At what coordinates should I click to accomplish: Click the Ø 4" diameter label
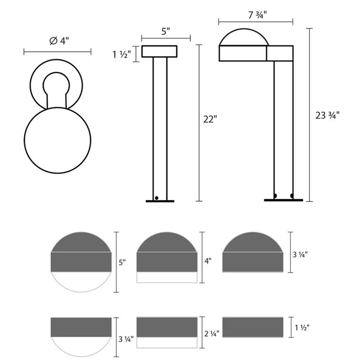pyautogui.click(x=59, y=41)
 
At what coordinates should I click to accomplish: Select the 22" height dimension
pyautogui.click(x=209, y=120)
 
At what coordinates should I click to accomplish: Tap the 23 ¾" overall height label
pyautogui.click(x=327, y=115)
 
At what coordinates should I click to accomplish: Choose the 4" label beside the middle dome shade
pyautogui.click(x=208, y=261)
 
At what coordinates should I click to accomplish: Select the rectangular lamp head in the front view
pyautogui.click(x=159, y=51)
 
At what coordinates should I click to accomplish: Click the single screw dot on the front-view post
pyautogui.click(x=156, y=197)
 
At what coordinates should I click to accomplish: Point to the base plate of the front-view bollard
pyautogui.click(x=160, y=201)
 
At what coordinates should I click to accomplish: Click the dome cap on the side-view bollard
pyautogui.click(x=243, y=37)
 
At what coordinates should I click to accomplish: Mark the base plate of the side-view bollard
pyautogui.click(x=283, y=200)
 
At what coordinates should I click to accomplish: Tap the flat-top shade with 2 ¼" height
pyautogui.click(x=167, y=327)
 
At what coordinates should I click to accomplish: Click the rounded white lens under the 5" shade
pyautogui.click(x=81, y=284)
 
